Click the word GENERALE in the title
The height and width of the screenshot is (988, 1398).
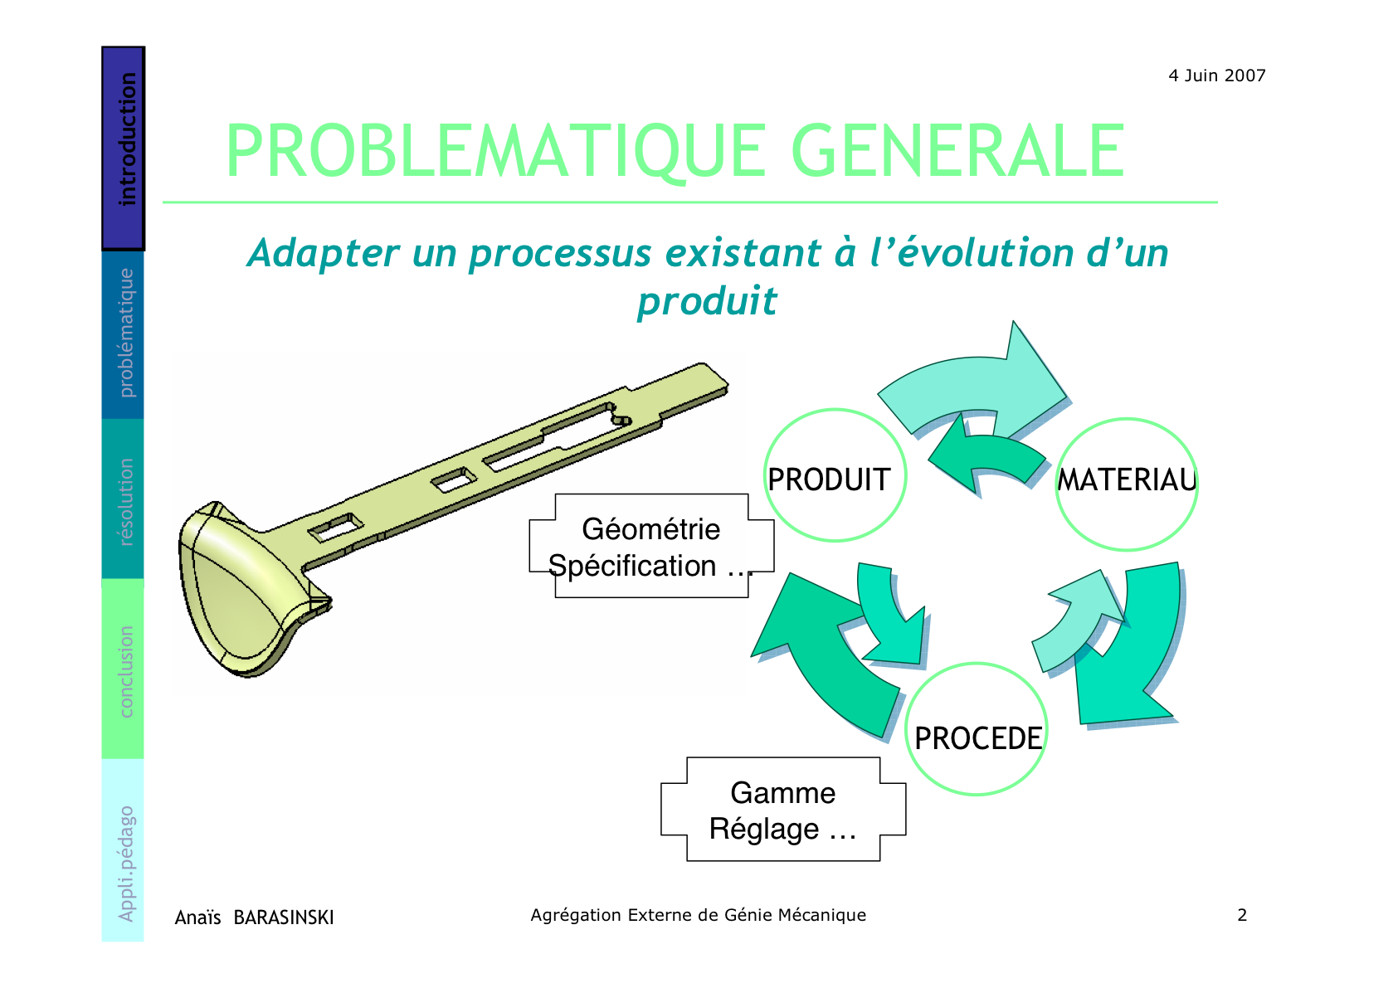click(958, 151)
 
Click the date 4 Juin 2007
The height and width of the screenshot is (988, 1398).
click(1217, 75)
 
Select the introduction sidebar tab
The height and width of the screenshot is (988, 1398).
click(124, 148)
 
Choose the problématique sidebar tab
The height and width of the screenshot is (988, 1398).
click(123, 334)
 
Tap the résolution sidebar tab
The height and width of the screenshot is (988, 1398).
click(123, 499)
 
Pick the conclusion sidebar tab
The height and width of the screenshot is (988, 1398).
click(123, 669)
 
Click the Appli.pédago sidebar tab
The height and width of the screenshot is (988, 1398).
click(123, 850)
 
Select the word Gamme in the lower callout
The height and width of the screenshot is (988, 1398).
click(782, 793)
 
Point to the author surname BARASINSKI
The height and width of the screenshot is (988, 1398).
click(284, 917)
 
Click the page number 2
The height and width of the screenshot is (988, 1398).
click(1242, 915)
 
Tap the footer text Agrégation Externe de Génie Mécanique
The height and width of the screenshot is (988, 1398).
click(699, 915)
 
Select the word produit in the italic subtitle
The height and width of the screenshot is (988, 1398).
click(707, 302)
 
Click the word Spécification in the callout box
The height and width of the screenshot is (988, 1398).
click(631, 567)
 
